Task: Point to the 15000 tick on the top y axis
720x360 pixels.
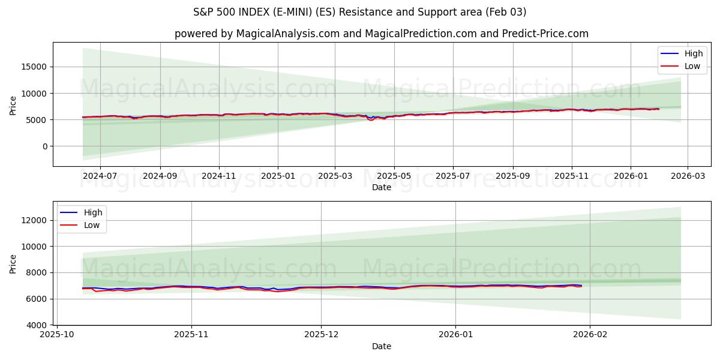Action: (35, 67)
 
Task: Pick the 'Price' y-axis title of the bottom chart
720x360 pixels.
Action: (13, 263)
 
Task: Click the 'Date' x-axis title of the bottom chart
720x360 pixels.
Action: (381, 346)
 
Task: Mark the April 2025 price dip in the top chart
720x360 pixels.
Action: (371, 119)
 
